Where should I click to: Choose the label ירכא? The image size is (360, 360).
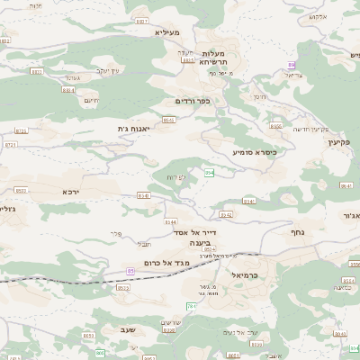click(x=70, y=192)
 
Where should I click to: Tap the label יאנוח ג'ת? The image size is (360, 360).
click(x=132, y=129)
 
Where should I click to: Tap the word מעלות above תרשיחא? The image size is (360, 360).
click(x=212, y=52)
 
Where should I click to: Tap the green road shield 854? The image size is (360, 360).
click(x=209, y=172)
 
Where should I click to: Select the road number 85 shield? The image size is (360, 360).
click(x=131, y=270)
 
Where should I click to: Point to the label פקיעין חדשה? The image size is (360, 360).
click(x=309, y=129)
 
